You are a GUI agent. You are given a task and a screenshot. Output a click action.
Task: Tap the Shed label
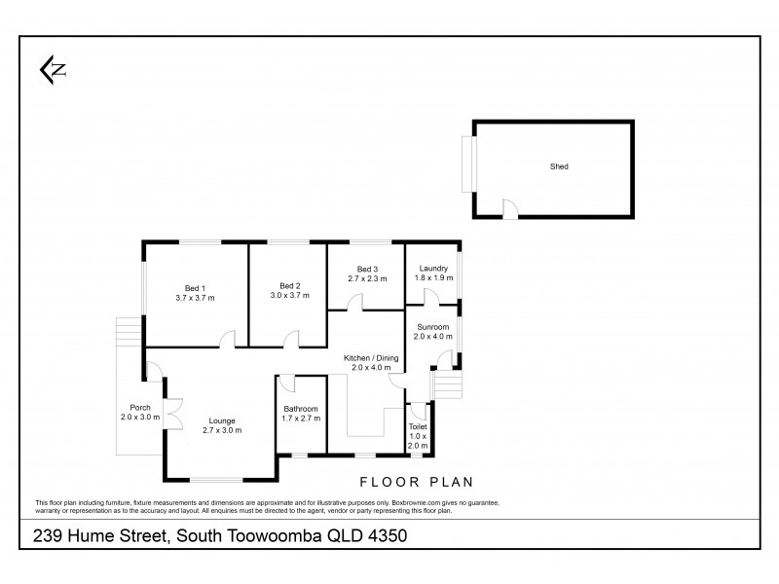point(558,166)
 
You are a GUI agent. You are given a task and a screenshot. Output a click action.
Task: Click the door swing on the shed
point(509,205)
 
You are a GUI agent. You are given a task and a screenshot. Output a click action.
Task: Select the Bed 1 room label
point(195,287)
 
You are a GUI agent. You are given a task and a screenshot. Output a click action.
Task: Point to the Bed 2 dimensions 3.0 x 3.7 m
point(289,296)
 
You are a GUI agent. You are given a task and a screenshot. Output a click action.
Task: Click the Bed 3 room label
point(366,270)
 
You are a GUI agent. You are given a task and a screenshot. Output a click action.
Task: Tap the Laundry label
point(432,269)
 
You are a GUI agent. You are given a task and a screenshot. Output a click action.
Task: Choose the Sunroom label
point(432,327)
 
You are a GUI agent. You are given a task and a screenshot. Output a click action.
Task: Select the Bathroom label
point(301,409)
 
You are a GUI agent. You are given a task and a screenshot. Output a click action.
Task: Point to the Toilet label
point(418,426)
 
